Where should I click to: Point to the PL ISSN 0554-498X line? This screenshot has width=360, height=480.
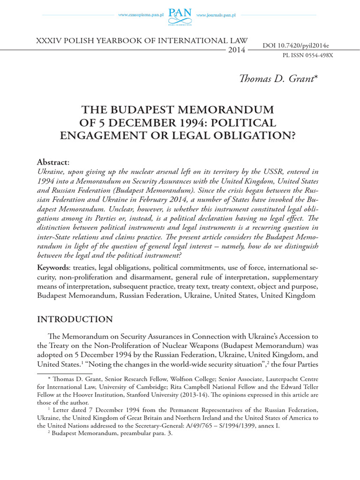pos(307,55)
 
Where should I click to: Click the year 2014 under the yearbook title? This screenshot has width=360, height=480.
pos(236,50)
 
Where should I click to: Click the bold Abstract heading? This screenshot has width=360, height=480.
pos(52,162)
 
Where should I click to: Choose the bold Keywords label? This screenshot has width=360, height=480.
pos(52,268)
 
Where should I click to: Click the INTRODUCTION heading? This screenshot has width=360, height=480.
pos(75,319)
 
